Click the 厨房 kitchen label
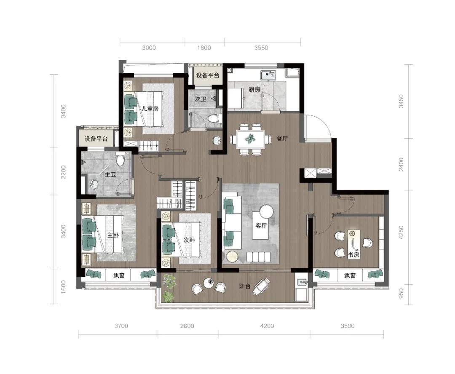[254, 89]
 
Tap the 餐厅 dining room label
[282, 139]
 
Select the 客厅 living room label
[261, 226]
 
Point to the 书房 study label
[353, 255]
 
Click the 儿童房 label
[150, 109]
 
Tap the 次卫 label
[201, 99]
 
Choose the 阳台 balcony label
[245, 286]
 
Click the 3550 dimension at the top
[261, 48]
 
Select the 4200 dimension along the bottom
[267, 326]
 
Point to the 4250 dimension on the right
[401, 232]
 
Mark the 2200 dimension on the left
[63, 172]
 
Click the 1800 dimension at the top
[204, 48]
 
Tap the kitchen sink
[268, 75]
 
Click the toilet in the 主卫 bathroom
[120, 159]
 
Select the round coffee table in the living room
[267, 211]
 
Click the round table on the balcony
[209, 283]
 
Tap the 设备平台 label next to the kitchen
[207, 75]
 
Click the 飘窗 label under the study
[350, 275]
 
